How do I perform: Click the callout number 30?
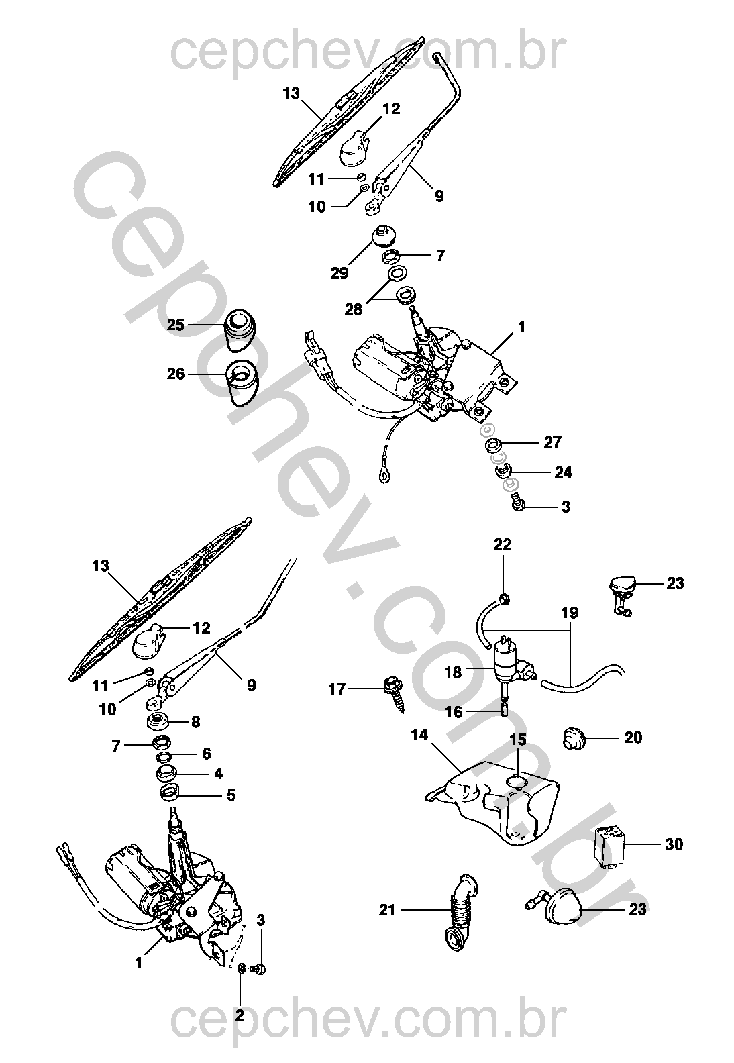[x=674, y=844]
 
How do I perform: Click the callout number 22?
[x=503, y=544]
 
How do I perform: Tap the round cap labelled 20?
[x=572, y=738]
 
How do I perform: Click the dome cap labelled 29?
[x=383, y=237]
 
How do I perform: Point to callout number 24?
[x=563, y=472]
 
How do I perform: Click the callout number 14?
[x=419, y=736]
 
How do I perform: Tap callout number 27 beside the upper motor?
[x=553, y=442]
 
